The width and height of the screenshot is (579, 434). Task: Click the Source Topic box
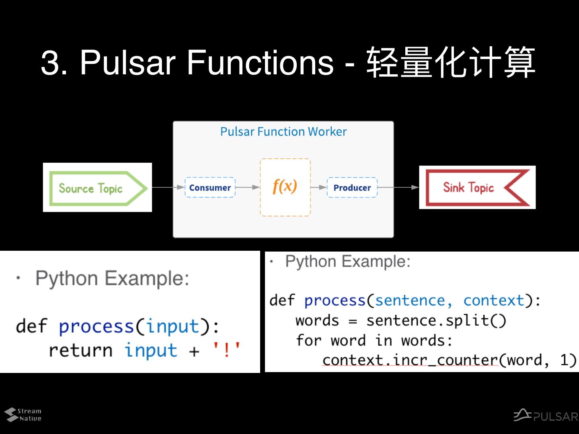[x=97, y=188]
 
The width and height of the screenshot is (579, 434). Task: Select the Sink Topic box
[x=477, y=187]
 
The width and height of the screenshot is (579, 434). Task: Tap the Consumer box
[x=210, y=188]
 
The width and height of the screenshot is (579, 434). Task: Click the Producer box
[x=352, y=188]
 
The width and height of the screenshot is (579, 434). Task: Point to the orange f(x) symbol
[x=285, y=186]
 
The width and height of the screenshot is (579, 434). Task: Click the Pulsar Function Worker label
[x=283, y=132]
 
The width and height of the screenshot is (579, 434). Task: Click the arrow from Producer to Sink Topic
[x=398, y=187]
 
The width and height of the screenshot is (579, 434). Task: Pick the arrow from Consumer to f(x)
[x=248, y=187]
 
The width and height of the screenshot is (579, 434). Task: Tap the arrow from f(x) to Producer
[x=318, y=187]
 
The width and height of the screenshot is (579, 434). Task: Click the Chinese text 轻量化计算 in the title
[x=450, y=63]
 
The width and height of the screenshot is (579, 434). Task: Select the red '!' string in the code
[x=226, y=350]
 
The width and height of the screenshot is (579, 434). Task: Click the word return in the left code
[x=80, y=350]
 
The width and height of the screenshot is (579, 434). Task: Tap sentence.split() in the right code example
[x=436, y=321]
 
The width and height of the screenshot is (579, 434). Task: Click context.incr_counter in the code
[x=410, y=360]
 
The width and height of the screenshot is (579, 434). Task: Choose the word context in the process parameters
[x=494, y=301]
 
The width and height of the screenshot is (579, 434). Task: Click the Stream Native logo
[x=23, y=415]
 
